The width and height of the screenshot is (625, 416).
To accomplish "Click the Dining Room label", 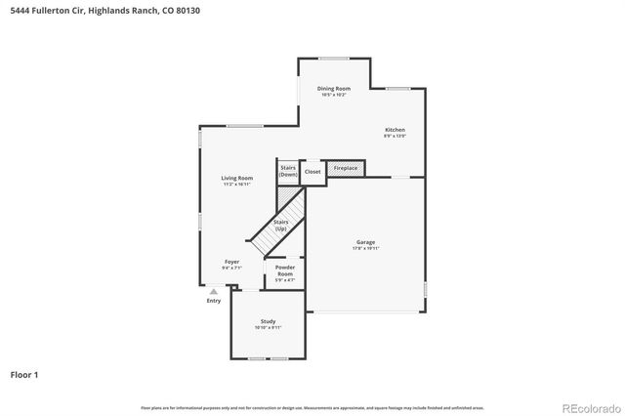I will (x=333, y=89).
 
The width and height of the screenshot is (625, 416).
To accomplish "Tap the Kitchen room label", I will (x=395, y=130).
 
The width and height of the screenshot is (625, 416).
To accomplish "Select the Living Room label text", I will (x=237, y=178).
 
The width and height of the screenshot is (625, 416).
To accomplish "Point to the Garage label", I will (x=365, y=242).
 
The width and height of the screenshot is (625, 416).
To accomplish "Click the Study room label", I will (x=268, y=322).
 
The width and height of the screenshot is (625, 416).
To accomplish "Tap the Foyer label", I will (x=232, y=262).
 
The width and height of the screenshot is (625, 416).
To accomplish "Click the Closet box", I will (x=312, y=171).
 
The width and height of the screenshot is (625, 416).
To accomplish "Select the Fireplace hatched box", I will (x=346, y=168).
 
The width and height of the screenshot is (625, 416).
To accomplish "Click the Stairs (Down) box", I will (x=288, y=171).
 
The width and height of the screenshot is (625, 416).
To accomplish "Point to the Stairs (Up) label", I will (x=280, y=226).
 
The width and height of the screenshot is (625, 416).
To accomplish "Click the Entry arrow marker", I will (x=213, y=290).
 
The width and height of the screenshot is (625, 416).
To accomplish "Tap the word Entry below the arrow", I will (x=213, y=301).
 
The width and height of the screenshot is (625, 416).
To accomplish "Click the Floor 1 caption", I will (x=24, y=374).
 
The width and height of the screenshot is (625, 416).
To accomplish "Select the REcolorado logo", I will (x=590, y=407).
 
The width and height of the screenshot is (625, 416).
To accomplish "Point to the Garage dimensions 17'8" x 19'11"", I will (x=365, y=249).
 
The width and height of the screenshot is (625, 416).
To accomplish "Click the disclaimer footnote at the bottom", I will (x=312, y=407).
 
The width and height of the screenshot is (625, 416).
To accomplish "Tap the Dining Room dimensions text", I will (x=333, y=95).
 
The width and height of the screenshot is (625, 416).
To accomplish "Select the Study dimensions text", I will (x=268, y=328).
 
